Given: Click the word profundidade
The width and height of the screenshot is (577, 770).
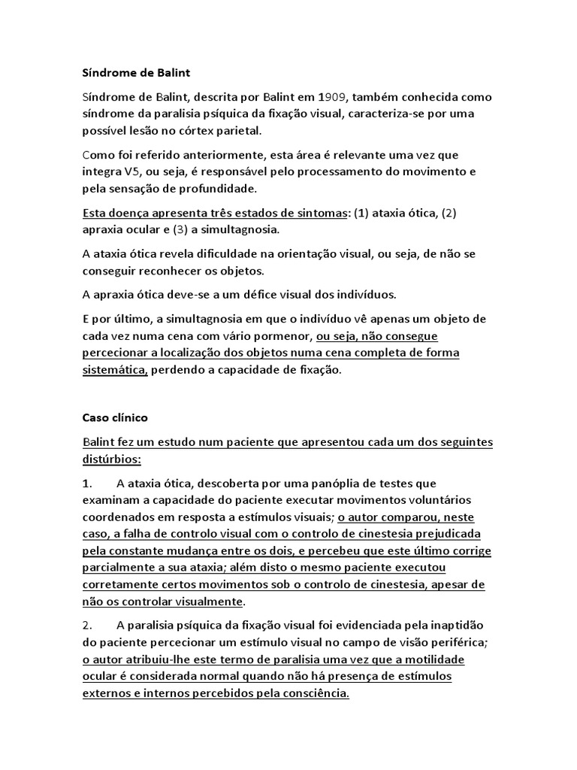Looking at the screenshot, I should coord(222,188).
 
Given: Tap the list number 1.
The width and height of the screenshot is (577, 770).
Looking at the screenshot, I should coord(86,483).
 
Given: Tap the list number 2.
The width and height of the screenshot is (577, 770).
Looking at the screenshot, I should coord(86,626).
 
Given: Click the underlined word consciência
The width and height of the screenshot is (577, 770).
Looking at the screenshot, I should coord(310,693).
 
